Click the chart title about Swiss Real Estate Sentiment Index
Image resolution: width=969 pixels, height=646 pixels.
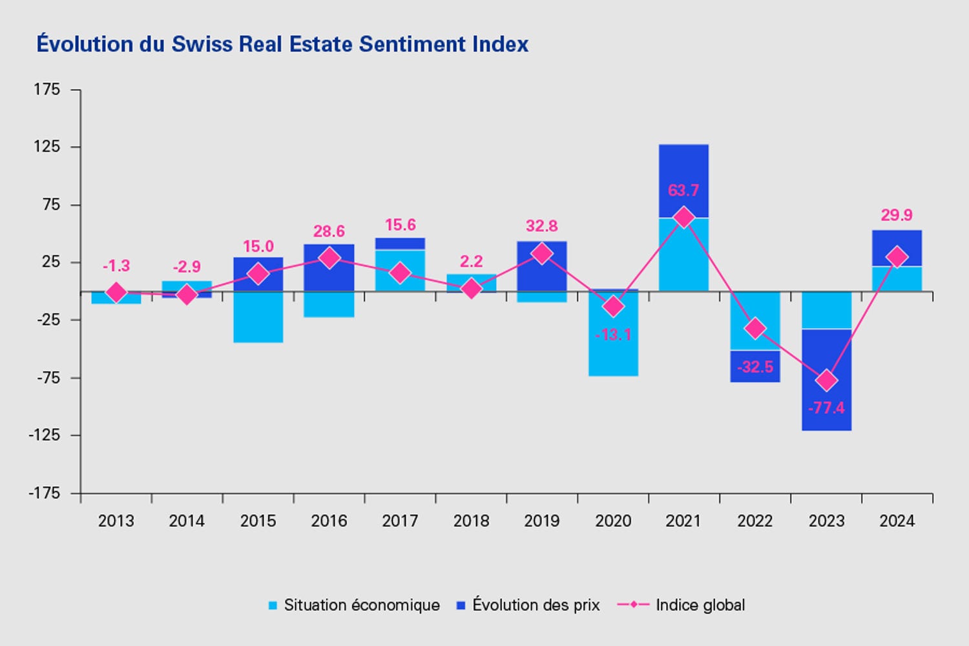282,44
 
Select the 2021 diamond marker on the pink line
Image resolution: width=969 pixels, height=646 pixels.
683,218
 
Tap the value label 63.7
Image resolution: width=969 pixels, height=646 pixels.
683,191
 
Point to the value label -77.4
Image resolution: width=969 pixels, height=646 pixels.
826,408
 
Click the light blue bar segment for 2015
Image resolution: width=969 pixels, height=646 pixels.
258,317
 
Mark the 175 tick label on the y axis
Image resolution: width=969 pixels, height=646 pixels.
47,89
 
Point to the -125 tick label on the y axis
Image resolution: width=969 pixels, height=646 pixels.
44,435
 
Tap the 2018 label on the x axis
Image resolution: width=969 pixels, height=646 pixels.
471,521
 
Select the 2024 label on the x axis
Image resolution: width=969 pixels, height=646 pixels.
897,521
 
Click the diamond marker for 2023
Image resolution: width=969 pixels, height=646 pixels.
826,380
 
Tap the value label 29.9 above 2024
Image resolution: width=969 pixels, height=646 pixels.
897,215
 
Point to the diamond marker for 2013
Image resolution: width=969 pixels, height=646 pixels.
116,293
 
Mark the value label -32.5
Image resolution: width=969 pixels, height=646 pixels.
755,368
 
